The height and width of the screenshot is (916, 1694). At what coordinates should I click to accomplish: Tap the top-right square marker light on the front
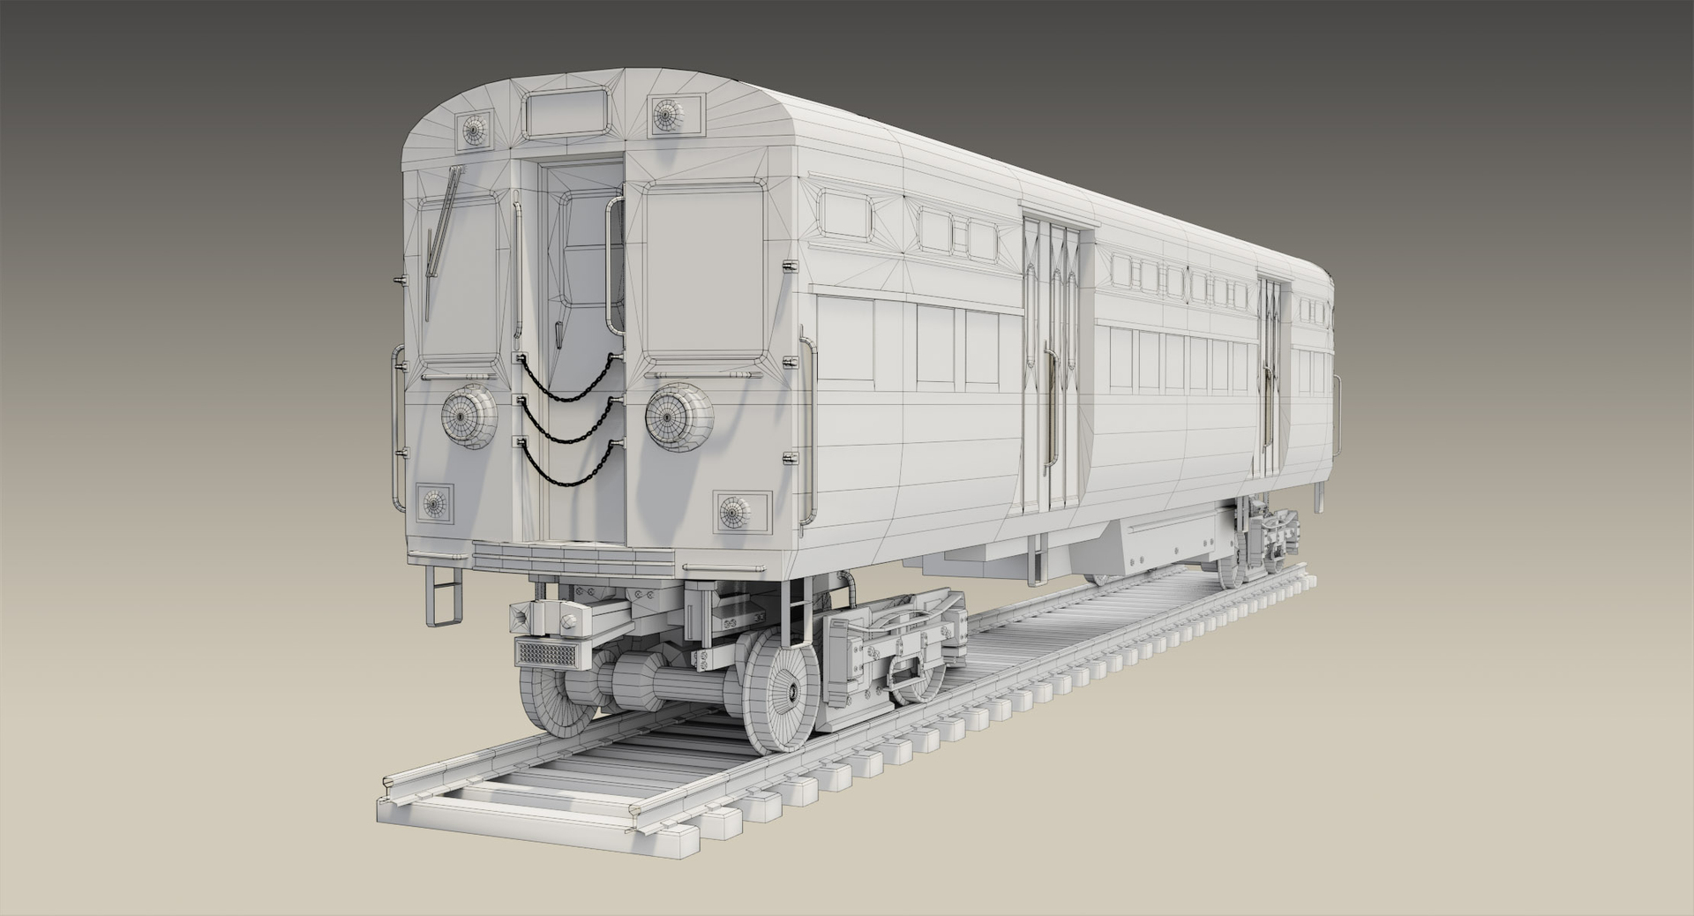click(666, 114)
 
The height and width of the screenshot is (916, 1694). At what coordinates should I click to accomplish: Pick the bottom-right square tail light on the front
click(733, 511)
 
